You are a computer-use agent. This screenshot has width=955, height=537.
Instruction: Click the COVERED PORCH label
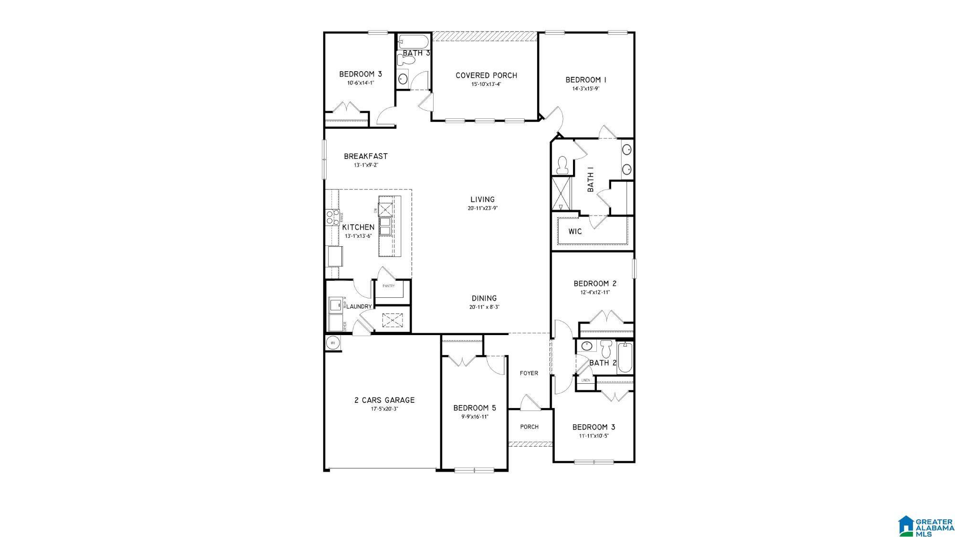[x=486, y=75]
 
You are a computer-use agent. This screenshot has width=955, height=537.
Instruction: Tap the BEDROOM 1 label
[x=586, y=80]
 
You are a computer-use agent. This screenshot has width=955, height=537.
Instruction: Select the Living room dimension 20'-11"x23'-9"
[x=482, y=208]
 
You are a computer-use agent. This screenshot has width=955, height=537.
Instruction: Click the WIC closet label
[x=575, y=232]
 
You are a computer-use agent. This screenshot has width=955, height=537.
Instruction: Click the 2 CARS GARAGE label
[x=384, y=400]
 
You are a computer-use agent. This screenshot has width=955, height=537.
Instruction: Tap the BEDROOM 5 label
[x=474, y=408]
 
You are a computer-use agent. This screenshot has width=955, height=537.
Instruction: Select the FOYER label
[x=529, y=373]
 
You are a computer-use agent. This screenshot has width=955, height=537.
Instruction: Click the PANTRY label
[x=388, y=286]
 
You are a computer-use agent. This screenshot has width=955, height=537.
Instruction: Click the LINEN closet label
[x=585, y=380]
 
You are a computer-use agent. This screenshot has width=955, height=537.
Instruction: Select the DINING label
[x=484, y=298]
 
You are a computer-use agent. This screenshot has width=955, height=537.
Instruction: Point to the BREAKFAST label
[x=366, y=156]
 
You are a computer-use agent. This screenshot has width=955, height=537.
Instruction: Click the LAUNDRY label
[x=359, y=306]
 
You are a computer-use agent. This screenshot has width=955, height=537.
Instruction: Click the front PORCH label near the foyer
[x=529, y=427]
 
